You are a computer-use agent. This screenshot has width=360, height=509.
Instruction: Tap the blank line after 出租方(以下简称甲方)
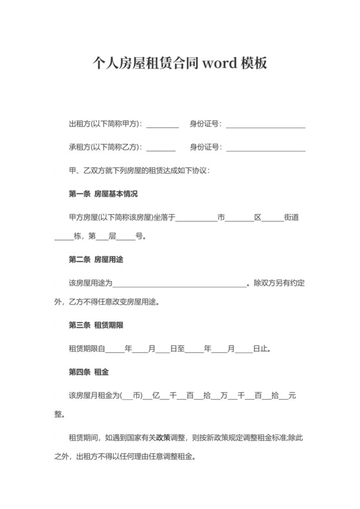163,124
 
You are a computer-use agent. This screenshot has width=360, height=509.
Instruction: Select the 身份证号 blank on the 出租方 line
265,124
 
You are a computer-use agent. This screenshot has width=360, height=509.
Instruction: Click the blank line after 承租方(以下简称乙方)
161,147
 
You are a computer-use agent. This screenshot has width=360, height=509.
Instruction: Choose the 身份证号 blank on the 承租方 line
265,147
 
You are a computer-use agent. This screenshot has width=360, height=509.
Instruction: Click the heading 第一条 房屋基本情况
103,193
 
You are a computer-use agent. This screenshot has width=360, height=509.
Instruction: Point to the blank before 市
197,217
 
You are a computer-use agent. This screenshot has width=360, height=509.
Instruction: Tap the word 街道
291,217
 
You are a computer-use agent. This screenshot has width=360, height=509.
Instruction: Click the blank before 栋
64,236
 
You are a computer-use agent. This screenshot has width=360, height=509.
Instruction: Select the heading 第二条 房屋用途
96,260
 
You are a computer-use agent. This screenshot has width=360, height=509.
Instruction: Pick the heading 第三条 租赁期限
96,325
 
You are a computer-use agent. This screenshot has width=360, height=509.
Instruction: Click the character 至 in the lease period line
181,349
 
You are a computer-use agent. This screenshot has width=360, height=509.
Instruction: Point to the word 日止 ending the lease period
261,349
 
